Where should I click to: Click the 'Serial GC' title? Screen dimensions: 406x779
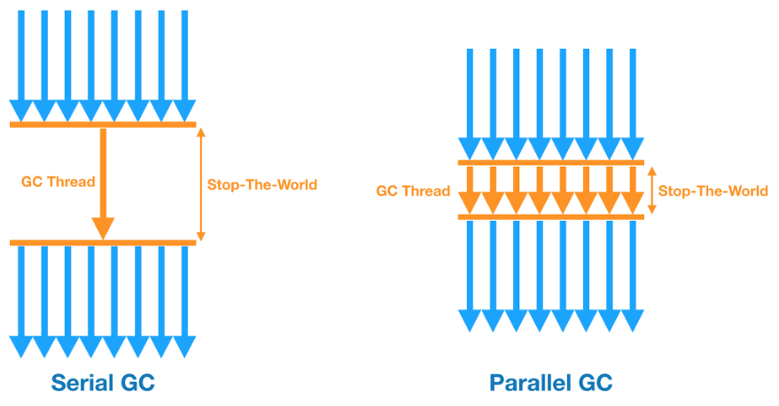103,383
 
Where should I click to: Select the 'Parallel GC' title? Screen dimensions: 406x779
550,383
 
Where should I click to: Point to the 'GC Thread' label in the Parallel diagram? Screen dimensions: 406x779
413,191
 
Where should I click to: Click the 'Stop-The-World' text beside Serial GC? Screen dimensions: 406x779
261,184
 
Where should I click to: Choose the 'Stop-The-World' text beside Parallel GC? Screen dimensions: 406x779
713,191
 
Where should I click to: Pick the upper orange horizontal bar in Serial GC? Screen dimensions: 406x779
103,125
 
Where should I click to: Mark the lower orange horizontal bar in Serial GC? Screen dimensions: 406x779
103,242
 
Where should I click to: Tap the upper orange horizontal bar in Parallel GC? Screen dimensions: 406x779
550,162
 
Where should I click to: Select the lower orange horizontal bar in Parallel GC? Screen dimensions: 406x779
550,217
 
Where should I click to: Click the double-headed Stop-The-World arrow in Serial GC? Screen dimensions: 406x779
200,183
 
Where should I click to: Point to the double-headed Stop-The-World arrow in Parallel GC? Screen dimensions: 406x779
652,191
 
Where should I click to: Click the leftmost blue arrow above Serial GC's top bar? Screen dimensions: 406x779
19,62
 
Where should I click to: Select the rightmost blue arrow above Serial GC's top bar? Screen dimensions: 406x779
184,62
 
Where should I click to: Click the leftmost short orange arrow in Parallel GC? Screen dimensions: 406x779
470,189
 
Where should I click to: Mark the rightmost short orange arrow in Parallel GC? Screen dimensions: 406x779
633,189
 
